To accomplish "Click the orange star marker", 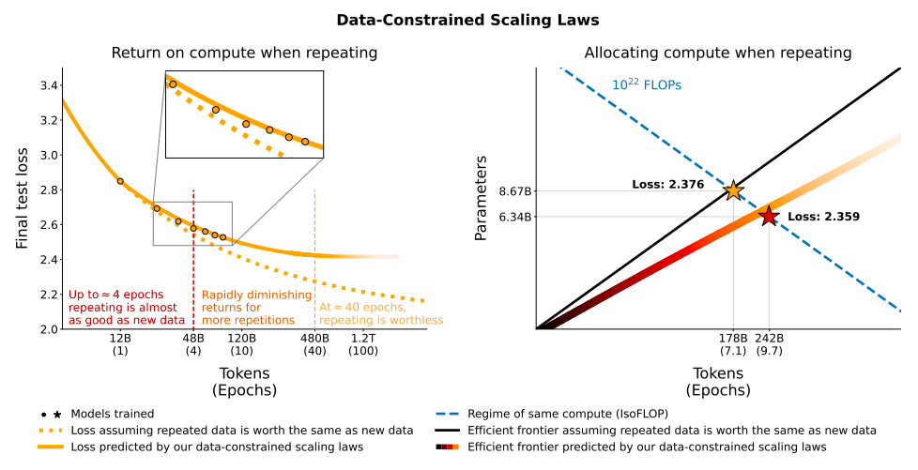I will click(733, 191).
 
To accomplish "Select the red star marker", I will click(769, 217).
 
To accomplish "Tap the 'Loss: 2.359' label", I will click(823, 217).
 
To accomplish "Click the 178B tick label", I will click(733, 338).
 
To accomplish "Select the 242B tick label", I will click(769, 338).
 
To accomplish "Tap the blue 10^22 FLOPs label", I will click(647, 84).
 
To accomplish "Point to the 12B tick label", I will click(120, 338).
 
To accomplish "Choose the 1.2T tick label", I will click(363, 338).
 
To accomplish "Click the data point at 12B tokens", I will click(120, 181).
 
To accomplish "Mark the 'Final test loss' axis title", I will click(23, 198).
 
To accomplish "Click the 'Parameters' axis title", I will click(481, 198).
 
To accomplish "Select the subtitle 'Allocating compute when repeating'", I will click(718, 53).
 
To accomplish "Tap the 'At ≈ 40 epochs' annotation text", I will click(362, 307).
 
